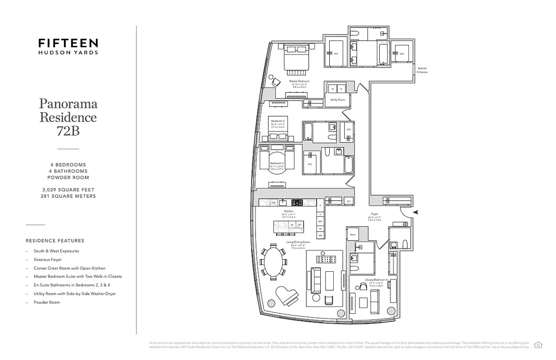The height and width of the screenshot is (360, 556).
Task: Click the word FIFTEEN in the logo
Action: pyautogui.click(x=68, y=43)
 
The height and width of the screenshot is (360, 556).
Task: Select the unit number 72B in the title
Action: pyautogui.click(x=68, y=131)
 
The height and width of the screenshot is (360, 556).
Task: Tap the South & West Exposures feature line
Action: pyautogui.click(x=56, y=251)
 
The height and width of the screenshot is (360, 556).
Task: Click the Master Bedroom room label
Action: pyautogui.click(x=299, y=81)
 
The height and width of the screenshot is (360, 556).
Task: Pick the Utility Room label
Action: pyautogui.click(x=337, y=99)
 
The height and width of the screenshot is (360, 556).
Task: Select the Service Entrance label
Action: pyautogui.click(x=422, y=70)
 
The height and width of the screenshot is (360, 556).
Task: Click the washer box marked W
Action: pyautogui.click(x=332, y=89)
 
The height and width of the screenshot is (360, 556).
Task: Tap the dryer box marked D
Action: pyautogui.click(x=341, y=89)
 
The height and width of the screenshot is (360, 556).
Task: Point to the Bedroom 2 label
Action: pyautogui.click(x=277, y=121)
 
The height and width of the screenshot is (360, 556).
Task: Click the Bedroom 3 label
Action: pyautogui.click(x=276, y=163)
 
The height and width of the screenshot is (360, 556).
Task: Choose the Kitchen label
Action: pyautogui.click(x=288, y=211)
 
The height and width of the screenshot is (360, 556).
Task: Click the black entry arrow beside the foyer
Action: pyautogui.click(x=416, y=211)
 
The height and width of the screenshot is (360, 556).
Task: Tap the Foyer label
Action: pyautogui.click(x=374, y=214)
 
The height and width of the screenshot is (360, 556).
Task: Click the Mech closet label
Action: pyautogui.click(x=353, y=235)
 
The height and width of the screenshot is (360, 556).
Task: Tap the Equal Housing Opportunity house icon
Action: pyautogui.click(x=538, y=345)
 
